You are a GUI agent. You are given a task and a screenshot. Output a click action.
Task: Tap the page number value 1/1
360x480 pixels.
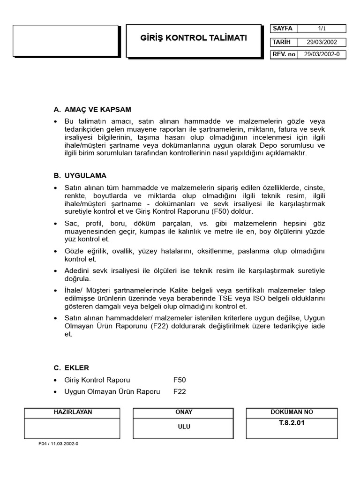click(x=322, y=29)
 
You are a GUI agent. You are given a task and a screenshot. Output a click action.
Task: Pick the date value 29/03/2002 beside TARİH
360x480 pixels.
click(x=322, y=42)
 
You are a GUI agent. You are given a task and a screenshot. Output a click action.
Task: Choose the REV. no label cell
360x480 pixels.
click(x=284, y=54)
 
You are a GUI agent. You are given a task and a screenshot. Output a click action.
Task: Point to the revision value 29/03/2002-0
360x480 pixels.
click(x=322, y=54)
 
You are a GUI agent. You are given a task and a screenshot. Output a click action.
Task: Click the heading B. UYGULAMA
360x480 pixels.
click(x=80, y=176)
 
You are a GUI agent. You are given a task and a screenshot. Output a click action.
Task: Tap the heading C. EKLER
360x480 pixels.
click(x=71, y=367)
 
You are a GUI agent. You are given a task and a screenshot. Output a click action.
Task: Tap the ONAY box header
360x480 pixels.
click(x=183, y=412)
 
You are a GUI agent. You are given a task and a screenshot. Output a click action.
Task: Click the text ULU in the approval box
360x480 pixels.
click(x=183, y=427)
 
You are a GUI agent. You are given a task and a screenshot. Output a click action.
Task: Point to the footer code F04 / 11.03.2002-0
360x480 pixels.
click(x=59, y=444)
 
